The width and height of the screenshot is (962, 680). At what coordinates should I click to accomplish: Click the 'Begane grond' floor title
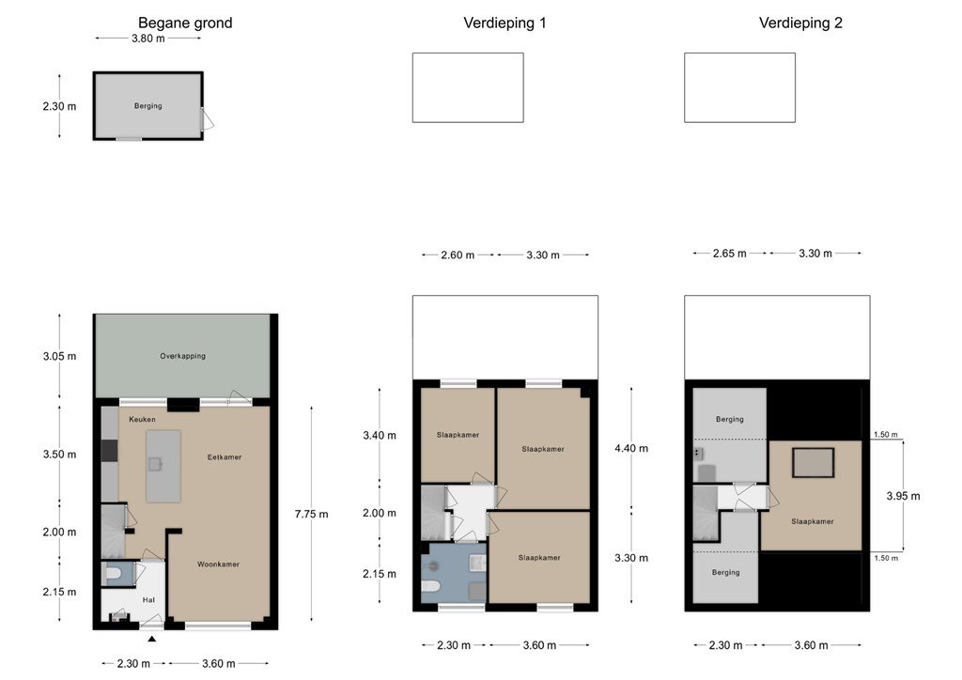click(185, 23)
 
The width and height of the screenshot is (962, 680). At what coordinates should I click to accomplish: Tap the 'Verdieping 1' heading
click(504, 23)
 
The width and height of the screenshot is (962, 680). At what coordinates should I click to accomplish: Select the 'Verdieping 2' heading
click(800, 23)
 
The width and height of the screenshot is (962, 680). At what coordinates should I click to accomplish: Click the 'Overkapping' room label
click(183, 356)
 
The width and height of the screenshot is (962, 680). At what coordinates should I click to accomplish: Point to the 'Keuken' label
click(143, 420)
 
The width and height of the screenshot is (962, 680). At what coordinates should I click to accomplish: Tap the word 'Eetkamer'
click(225, 456)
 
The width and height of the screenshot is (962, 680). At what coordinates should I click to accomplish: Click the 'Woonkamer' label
click(218, 564)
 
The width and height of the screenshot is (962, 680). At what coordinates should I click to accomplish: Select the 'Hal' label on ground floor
click(148, 600)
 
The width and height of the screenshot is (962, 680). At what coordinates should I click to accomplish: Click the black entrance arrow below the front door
click(151, 639)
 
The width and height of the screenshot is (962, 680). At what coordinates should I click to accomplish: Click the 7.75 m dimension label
click(311, 514)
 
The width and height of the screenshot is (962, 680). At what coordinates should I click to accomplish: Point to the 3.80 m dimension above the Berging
click(148, 38)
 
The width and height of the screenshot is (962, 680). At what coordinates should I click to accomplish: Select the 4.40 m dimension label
click(631, 448)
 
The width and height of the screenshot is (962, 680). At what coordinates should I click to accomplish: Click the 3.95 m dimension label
click(903, 496)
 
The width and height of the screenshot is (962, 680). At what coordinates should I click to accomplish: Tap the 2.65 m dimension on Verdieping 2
click(729, 254)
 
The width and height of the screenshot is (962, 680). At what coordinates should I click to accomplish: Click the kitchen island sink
click(155, 464)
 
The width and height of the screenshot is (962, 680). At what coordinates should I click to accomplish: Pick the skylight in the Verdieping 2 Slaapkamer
click(813, 462)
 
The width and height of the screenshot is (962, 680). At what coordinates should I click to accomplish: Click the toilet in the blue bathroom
click(430, 586)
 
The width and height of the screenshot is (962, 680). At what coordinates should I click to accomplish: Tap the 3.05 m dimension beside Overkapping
click(59, 356)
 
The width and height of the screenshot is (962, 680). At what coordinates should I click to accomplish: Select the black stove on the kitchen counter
click(109, 451)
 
